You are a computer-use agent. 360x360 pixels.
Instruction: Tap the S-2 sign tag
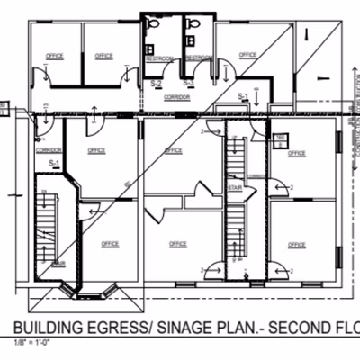[x=157, y=83]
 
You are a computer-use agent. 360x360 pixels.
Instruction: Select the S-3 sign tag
[x=187, y=83]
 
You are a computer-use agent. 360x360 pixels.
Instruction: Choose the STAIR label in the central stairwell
[x=235, y=188]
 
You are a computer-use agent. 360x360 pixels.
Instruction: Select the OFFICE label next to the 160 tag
[x=296, y=154]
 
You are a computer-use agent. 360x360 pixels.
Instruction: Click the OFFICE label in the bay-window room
[x=110, y=243]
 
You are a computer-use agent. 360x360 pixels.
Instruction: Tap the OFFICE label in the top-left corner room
[x=53, y=56]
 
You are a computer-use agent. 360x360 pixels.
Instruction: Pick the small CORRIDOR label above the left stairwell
[x=48, y=151]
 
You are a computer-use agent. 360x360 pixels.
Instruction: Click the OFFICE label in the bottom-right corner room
[x=294, y=244]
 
